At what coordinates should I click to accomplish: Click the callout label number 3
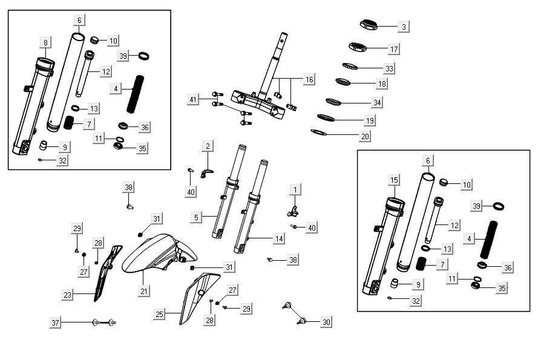(404, 27)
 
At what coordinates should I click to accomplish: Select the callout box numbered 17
(393, 49)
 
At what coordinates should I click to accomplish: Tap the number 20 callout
(365, 137)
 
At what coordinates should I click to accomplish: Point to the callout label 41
(193, 99)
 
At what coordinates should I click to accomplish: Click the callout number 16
(309, 80)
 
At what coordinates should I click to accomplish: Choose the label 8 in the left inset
(45, 42)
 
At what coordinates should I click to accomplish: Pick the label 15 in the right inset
(394, 180)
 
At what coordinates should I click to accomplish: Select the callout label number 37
(56, 323)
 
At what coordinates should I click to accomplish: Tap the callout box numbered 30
(326, 322)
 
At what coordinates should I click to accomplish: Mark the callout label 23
(67, 295)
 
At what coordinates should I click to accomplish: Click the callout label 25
(159, 315)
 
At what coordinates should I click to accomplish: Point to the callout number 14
(278, 239)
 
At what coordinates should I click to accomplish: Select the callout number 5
(195, 217)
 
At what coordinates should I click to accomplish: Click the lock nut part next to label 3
(368, 24)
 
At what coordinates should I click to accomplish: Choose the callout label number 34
(377, 102)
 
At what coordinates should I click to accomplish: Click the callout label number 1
(295, 190)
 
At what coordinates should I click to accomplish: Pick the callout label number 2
(208, 146)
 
